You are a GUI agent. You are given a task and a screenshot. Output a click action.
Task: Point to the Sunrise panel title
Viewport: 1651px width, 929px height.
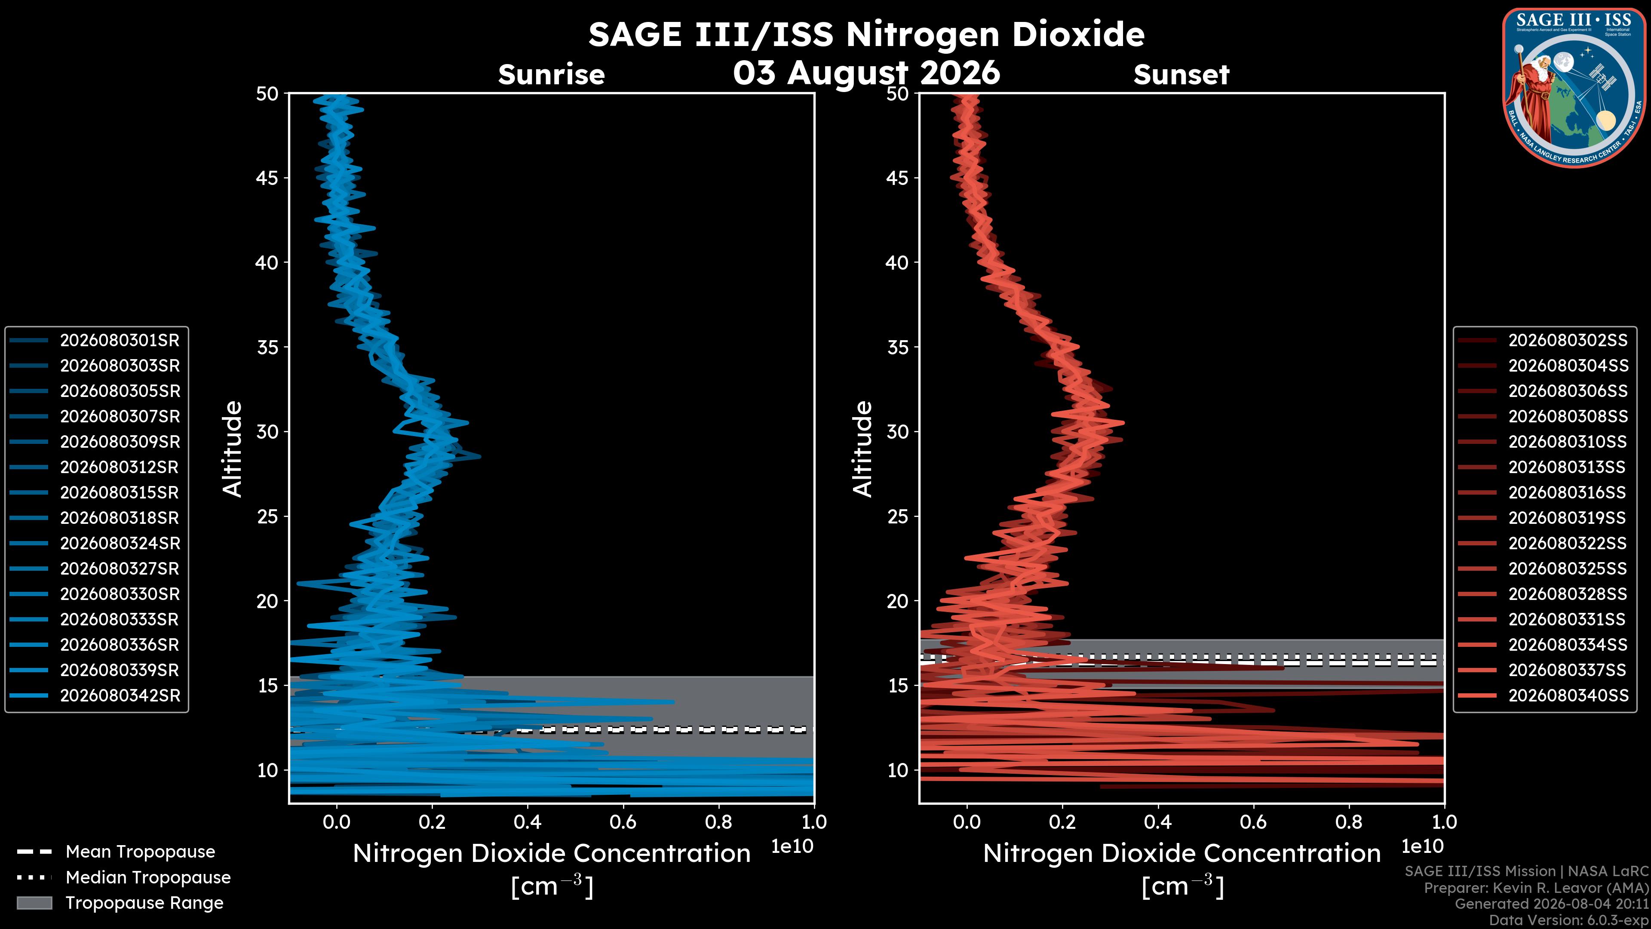pos(551,74)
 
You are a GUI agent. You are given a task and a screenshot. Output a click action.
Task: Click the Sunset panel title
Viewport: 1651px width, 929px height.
pos(1181,74)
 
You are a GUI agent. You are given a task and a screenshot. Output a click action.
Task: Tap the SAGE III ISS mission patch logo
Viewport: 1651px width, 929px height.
pos(1574,87)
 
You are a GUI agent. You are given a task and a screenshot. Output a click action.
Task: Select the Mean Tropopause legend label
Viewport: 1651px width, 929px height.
pos(140,852)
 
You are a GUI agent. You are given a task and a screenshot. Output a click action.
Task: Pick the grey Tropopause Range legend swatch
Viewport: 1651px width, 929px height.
pos(34,903)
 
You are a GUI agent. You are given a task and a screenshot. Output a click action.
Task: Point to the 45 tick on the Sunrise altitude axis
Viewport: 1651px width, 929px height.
pos(267,178)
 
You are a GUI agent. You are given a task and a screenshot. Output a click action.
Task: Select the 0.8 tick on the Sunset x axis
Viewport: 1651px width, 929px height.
pos(1349,822)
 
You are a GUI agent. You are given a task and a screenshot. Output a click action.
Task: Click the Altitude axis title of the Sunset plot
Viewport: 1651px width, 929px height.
pos(863,449)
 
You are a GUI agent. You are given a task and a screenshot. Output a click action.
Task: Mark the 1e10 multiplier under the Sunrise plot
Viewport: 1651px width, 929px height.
pos(792,846)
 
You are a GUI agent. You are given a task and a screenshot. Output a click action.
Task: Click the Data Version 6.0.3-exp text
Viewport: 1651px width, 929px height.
pos(1568,920)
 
